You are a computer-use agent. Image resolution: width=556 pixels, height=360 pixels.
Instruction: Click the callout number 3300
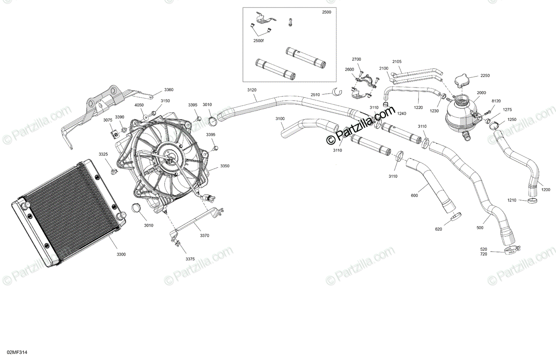coord(121,254)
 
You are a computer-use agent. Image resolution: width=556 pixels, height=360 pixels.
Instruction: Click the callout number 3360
coord(169,89)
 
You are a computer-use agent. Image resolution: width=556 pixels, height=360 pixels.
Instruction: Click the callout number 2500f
coord(259,41)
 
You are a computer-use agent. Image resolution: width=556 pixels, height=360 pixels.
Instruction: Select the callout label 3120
coord(252,89)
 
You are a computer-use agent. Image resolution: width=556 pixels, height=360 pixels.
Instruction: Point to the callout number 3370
coord(204,235)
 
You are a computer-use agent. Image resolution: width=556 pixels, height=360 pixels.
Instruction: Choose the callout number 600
coord(414,195)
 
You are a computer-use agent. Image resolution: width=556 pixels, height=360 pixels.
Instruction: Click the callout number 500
coord(480,227)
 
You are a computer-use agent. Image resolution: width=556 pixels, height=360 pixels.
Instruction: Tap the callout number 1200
coord(546,190)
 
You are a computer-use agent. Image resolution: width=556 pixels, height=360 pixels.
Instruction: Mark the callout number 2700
coord(356,60)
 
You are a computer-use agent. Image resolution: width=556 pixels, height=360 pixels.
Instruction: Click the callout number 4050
coord(139,105)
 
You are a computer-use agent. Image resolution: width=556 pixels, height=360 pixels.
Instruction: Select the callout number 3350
coord(225,165)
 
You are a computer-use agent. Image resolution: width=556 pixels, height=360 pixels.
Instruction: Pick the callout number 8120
coord(496,101)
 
